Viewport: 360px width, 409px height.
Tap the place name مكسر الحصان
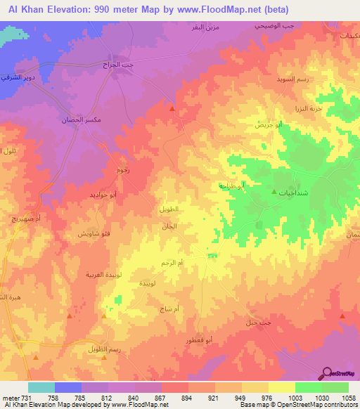tap(77, 119)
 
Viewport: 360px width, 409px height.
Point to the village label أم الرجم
tap(172, 262)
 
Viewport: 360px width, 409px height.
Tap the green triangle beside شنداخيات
tap(274, 191)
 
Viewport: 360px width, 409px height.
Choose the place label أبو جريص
tap(269, 124)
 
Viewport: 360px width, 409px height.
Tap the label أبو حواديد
tap(103, 195)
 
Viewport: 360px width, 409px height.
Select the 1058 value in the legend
tap(347, 397)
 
